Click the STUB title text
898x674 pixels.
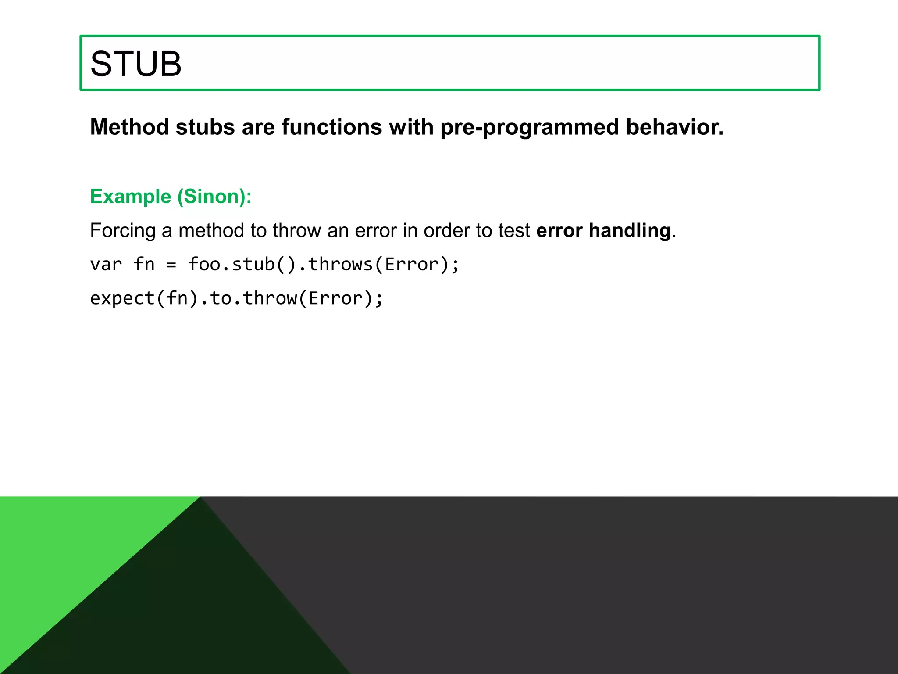click(x=135, y=64)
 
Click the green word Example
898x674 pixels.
click(x=130, y=197)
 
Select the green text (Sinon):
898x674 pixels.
click(x=214, y=197)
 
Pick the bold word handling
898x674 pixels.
click(x=630, y=231)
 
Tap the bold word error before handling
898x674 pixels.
click(x=559, y=231)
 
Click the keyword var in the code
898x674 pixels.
click(x=106, y=265)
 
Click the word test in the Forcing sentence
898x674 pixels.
click(x=514, y=231)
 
